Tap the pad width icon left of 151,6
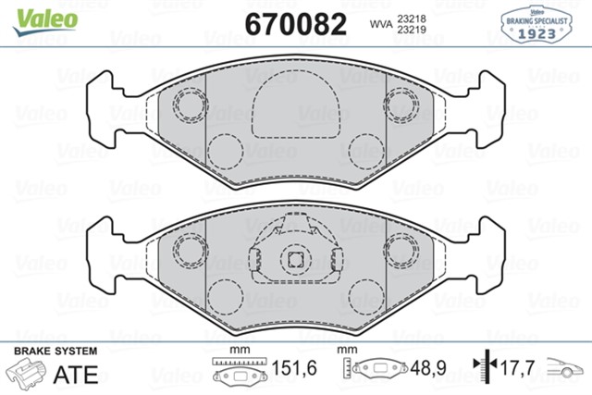pos(240,370)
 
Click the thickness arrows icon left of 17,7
pos(482,370)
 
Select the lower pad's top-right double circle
pos(403,247)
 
